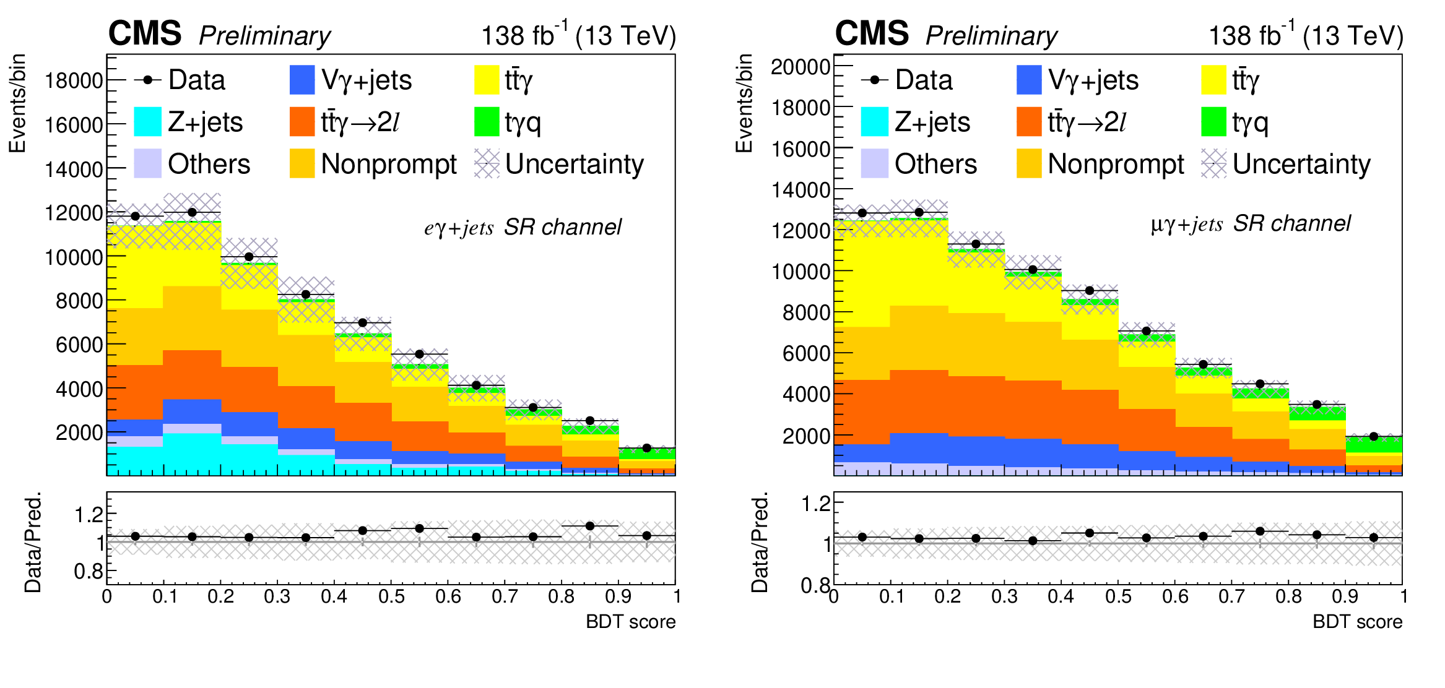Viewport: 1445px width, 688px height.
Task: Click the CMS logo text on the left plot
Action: click(145, 33)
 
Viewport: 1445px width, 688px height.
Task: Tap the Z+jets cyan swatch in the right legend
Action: click(874, 122)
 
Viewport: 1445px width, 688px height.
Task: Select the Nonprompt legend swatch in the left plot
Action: click(302, 164)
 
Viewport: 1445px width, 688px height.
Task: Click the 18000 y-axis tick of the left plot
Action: click(74, 80)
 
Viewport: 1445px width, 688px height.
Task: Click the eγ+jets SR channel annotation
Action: click(523, 228)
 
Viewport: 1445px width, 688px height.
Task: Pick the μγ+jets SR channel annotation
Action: click(1251, 224)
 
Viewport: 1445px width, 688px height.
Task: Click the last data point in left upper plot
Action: click(647, 448)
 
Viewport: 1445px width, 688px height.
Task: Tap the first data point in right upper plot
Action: click(862, 213)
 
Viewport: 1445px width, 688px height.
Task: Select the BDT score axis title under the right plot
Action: click(1357, 622)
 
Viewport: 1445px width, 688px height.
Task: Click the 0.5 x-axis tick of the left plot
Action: click(391, 596)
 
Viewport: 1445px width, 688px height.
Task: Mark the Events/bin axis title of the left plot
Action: click(17, 103)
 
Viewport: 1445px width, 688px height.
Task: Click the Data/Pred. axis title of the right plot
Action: click(760, 543)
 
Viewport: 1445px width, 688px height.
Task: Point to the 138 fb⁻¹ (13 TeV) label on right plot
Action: click(1306, 36)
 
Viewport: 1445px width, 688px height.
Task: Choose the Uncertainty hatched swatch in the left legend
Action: click(487, 164)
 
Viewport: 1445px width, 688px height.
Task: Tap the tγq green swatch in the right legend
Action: click(1213, 122)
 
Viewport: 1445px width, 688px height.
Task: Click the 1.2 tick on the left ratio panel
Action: click(87, 514)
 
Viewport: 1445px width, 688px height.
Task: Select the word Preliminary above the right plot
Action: click(991, 36)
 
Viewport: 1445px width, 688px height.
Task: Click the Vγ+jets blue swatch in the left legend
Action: click(302, 80)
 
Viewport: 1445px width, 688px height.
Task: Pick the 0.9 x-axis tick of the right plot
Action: click(1345, 596)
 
